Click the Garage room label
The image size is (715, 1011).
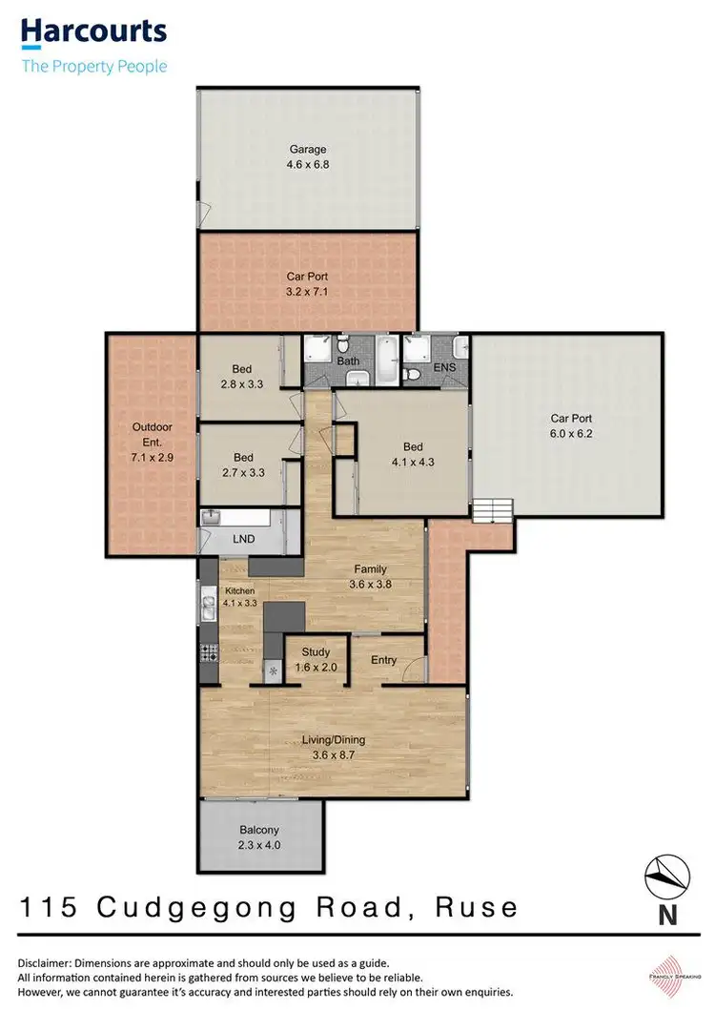click(308, 149)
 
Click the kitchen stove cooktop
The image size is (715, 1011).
click(209, 653)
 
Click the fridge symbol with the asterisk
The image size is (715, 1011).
click(274, 671)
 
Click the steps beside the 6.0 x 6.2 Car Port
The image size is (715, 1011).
click(494, 511)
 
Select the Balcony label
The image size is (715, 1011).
click(258, 830)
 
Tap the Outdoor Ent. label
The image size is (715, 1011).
click(152, 434)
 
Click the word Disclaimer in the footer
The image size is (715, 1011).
click(49, 962)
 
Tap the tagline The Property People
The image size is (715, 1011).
click(93, 66)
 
